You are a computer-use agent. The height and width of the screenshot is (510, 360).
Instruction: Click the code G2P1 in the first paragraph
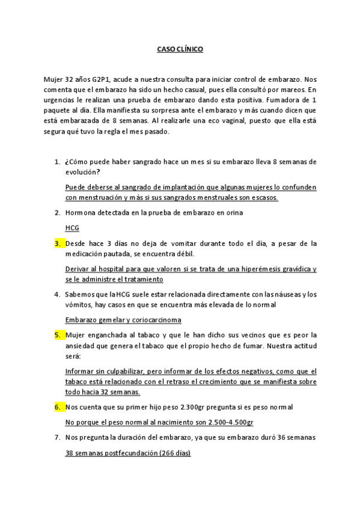coord(102,79)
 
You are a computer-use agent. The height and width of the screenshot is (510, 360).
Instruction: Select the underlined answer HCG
coord(72,229)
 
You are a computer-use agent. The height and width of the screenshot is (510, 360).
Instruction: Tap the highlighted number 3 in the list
coord(58,243)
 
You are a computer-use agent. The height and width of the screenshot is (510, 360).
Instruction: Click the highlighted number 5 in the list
coord(58,334)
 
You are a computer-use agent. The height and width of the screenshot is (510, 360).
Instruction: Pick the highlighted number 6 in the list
coord(58,407)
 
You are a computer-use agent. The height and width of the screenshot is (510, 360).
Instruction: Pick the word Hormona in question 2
coord(81,213)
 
